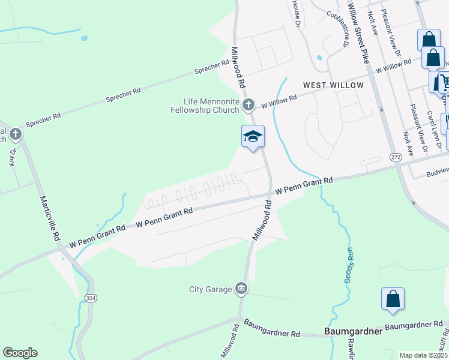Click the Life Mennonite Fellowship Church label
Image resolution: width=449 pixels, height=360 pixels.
point(205,106)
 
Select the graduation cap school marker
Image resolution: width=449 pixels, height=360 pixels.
point(253,137)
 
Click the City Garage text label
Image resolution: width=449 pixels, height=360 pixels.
point(210,290)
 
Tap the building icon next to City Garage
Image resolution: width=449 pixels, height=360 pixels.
point(241,289)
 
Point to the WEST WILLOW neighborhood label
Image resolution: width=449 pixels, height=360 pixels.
point(333,85)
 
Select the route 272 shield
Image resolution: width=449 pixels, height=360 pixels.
point(395,157)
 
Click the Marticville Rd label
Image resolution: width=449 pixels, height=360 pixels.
point(50,218)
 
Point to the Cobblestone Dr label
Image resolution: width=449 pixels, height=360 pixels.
point(338,28)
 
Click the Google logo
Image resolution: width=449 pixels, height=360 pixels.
point(20,353)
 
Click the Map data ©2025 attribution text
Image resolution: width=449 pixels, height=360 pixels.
point(423,355)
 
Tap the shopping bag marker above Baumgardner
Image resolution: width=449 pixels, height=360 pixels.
point(393,299)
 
